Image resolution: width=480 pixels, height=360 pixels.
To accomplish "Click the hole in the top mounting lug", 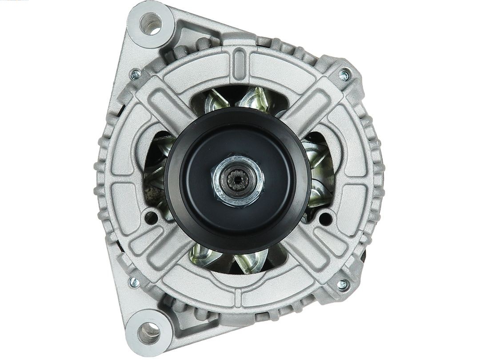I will [x=150, y=24].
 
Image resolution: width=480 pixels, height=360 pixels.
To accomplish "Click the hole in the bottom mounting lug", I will [x=149, y=331].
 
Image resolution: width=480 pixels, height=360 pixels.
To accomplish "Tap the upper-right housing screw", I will [x=344, y=75].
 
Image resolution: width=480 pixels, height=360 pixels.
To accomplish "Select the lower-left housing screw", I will [x=134, y=282].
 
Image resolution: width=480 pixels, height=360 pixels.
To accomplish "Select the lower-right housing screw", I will [x=343, y=284].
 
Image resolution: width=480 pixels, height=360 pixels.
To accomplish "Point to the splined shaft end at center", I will [x=235, y=180].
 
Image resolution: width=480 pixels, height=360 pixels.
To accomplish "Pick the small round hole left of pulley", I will [x=151, y=218].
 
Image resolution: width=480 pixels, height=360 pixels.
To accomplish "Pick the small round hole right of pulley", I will [x=326, y=218].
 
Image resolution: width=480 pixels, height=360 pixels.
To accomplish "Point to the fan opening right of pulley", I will [x=321, y=176].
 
